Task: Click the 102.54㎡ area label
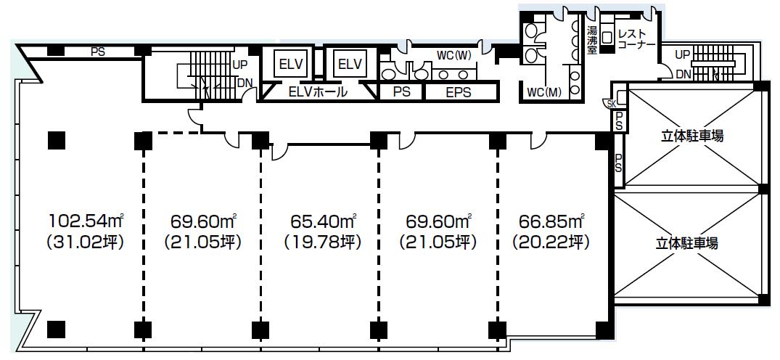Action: click(86, 219)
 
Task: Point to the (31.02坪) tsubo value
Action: click(85, 242)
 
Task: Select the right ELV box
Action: click(349, 65)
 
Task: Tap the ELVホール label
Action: click(317, 92)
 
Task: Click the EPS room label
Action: click(458, 92)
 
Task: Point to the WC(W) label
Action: click(452, 54)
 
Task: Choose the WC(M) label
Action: click(543, 93)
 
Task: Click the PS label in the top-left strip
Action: click(97, 52)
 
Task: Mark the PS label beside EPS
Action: click(401, 92)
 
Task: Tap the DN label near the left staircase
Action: click(245, 82)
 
